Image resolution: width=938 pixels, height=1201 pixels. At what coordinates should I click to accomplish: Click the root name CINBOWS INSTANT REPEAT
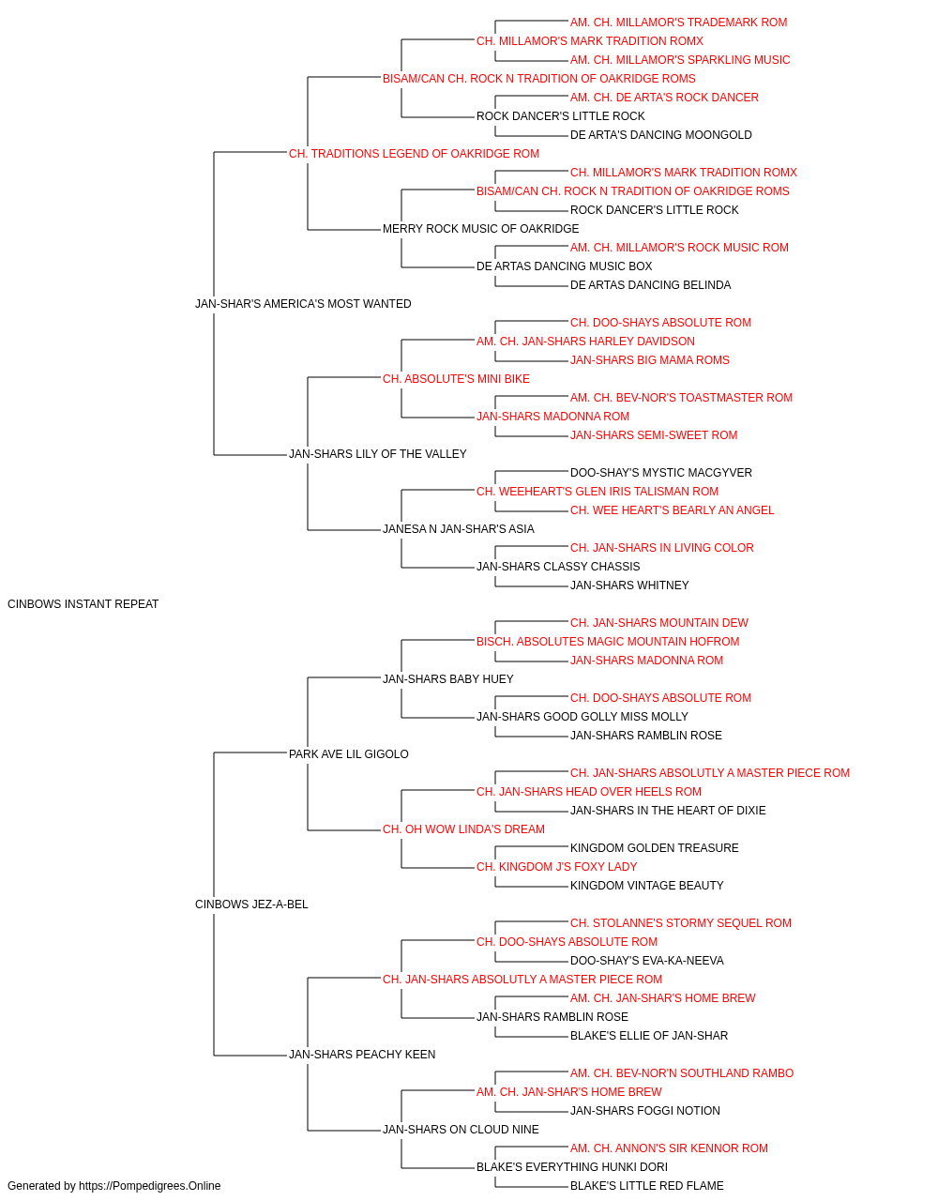(83, 604)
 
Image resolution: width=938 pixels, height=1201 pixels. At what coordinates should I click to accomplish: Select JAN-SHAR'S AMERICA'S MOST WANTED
(303, 304)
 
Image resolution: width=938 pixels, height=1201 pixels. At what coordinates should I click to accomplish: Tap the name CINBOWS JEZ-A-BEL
(251, 905)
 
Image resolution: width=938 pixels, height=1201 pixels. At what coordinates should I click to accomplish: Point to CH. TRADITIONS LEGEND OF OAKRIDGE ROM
(414, 154)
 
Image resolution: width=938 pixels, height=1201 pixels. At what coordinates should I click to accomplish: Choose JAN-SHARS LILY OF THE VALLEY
(377, 454)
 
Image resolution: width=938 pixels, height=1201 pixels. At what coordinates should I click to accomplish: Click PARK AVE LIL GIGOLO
(349, 754)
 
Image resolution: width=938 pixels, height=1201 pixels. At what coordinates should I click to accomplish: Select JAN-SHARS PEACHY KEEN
(362, 1055)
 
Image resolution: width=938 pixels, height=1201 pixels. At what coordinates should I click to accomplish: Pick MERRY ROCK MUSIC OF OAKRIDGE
(480, 229)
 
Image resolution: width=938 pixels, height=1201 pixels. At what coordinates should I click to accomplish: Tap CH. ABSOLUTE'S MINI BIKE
(456, 379)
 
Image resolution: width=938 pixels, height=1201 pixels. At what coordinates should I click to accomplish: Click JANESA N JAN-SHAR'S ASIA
(458, 529)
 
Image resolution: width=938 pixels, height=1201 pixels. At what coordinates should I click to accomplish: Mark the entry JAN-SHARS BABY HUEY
(448, 679)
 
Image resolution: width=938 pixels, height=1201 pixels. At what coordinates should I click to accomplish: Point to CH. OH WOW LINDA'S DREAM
(463, 829)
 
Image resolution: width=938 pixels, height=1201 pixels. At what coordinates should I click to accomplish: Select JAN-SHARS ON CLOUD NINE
(461, 1130)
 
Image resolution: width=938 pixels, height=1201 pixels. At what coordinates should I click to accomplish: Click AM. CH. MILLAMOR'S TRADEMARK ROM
(678, 23)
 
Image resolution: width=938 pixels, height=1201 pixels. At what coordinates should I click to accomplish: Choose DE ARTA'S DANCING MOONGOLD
(660, 135)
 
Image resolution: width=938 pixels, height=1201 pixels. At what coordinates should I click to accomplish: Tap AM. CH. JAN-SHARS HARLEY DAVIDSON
(585, 342)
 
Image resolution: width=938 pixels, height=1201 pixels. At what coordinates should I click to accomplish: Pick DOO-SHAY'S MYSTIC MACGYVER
(660, 473)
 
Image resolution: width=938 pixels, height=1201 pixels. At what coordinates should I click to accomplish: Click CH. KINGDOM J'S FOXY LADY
(557, 867)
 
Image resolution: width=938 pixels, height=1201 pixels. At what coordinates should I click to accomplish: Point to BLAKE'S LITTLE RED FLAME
(647, 1186)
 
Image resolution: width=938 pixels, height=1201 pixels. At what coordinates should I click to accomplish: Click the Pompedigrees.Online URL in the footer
(150, 1186)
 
